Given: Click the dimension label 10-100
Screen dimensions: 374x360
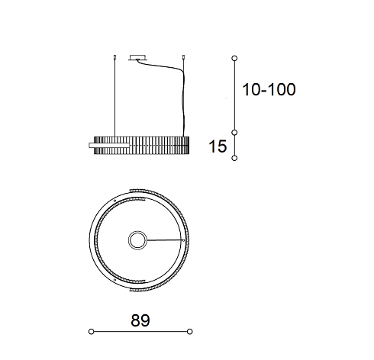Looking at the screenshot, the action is click(269, 89).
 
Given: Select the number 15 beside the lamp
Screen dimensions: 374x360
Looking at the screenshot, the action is click(218, 146).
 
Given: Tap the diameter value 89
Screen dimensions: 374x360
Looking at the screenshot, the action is click(140, 320).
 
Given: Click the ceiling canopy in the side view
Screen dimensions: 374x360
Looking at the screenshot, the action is click(137, 58).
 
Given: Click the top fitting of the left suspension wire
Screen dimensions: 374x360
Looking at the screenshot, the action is click(114, 57).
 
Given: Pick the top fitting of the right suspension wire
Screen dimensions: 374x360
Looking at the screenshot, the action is click(183, 57).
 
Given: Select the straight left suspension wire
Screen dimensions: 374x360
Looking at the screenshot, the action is click(114, 98).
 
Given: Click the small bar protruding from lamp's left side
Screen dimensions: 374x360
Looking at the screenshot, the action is click(108, 145).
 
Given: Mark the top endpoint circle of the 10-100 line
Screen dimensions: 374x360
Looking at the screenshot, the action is click(234, 58).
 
